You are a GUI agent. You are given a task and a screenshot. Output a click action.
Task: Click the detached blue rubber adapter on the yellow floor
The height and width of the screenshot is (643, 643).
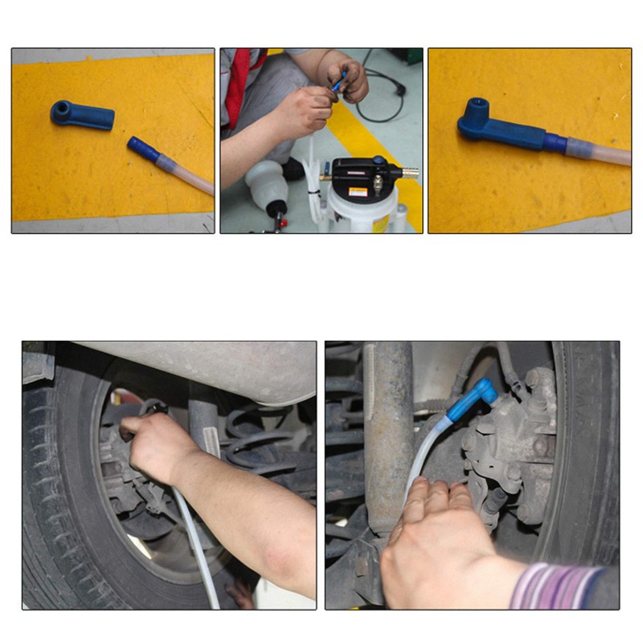point(82,115)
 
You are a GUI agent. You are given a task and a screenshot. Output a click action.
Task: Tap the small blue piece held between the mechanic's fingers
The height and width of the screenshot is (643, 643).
point(340,81)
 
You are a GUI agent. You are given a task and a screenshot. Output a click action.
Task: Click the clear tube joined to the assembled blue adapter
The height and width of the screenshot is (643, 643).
point(595,151)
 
